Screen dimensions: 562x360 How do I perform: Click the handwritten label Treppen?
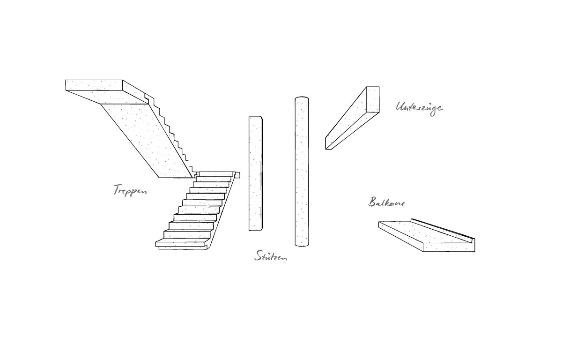click(130, 190)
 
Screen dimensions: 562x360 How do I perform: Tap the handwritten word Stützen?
click(271, 256)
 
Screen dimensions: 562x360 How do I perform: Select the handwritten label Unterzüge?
click(419, 108)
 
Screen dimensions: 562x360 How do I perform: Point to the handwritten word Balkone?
click(387, 202)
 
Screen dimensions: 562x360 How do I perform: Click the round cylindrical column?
click(302, 172)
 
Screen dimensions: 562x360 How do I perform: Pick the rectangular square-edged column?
click(256, 173)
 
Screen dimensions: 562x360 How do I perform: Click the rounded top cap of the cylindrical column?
click(302, 97)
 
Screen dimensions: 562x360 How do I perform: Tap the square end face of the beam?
click(373, 99)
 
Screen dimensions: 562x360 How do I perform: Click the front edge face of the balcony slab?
click(449, 247)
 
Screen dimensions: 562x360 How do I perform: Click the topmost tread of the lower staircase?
click(217, 174)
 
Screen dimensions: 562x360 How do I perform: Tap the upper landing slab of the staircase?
click(107, 92)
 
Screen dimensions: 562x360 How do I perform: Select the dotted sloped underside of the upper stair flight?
click(147, 141)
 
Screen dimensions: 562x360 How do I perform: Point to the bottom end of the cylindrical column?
click(302, 245)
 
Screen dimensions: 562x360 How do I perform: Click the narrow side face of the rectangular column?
click(262, 173)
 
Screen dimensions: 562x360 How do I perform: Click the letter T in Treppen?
click(116, 189)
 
